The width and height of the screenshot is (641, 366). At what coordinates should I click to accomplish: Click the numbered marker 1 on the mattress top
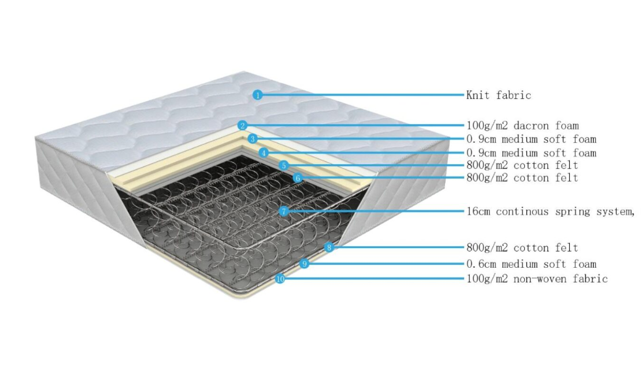pos(257,95)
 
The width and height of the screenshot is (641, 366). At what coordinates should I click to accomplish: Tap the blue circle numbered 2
pos(242,125)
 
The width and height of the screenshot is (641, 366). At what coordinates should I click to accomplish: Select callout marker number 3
pos(253,139)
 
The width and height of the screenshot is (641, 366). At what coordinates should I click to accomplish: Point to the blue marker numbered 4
pos(264,153)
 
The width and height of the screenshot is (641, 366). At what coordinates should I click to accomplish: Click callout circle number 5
pos(284,165)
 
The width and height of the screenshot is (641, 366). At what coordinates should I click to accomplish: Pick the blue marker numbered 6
pos(298,178)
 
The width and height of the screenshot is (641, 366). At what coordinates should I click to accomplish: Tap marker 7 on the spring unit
pos(284,212)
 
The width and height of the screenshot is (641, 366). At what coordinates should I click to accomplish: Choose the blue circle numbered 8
pos(329,247)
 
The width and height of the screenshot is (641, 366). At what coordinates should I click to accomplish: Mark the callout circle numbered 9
pos(304,264)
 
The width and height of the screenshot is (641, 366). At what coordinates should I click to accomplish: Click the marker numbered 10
pos(280,279)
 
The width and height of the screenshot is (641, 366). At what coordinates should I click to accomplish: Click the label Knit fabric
pos(499,95)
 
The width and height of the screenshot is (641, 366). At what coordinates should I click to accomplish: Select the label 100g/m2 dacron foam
pos(523,125)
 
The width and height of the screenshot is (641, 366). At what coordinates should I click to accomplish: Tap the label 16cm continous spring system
pos(550,212)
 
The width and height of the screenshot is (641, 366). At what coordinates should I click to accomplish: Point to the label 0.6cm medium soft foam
pos(531,264)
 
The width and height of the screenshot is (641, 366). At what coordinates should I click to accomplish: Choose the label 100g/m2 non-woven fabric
pos(537,279)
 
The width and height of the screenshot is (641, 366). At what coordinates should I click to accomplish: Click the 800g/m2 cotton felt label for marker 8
pos(523,247)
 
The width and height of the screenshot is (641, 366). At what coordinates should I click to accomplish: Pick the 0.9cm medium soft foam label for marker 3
pos(531,139)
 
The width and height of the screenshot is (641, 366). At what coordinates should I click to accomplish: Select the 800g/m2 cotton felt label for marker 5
pos(523,165)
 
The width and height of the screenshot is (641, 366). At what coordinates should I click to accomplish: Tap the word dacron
pos(531,125)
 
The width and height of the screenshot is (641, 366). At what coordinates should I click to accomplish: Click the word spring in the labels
pos(572,212)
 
